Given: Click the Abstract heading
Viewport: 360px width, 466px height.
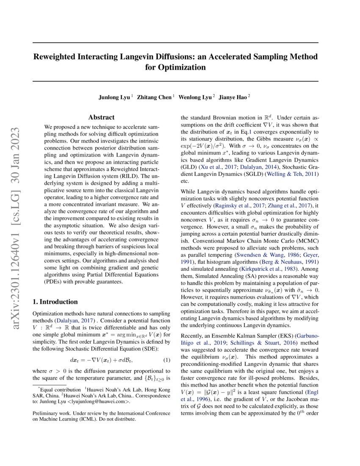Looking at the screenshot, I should (x=101, y=117).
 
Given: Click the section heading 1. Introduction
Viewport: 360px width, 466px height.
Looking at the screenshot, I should (x=55, y=302).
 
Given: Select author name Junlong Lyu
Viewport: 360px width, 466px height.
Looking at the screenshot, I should (x=114, y=97).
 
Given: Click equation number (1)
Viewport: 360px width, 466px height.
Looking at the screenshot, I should (x=166, y=360).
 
